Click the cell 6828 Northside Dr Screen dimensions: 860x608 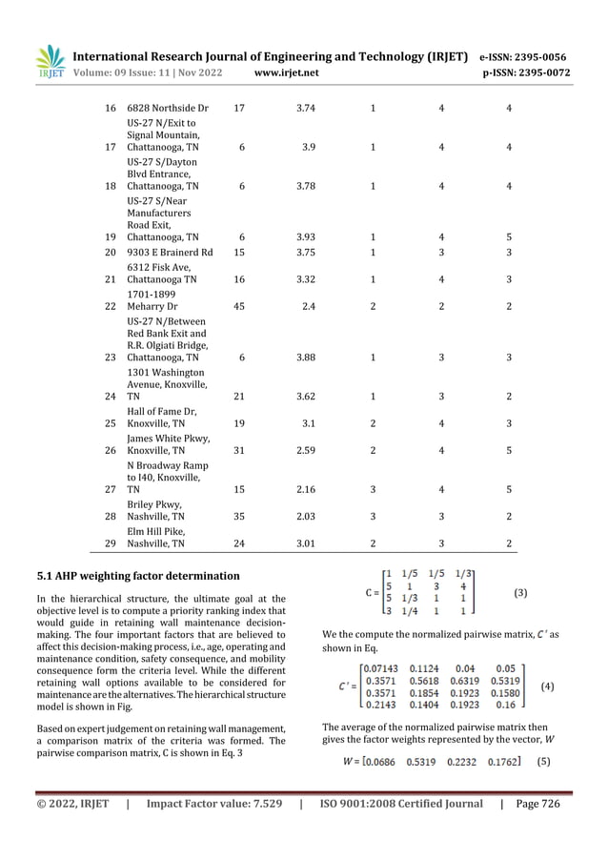coord(168,109)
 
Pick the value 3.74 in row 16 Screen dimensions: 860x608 coord(305,109)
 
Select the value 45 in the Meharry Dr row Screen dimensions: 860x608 coord(240,306)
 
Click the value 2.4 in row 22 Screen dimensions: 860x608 coord(308,306)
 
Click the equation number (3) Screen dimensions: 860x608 coord(520,592)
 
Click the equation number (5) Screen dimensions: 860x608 coord(543,761)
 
